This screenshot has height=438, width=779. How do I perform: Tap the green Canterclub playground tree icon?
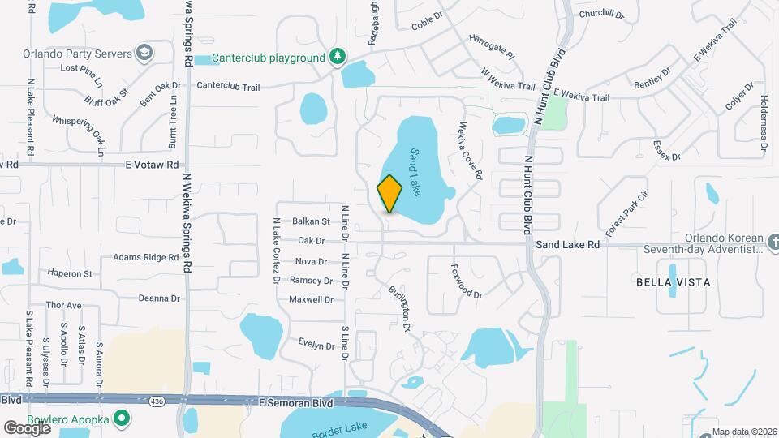[337, 57]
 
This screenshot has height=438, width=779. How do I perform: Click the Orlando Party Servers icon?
[144, 54]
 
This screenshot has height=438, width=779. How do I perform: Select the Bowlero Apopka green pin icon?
[122, 419]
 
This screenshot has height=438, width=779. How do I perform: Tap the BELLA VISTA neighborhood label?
[673, 282]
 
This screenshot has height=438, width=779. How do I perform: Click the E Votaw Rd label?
[152, 164]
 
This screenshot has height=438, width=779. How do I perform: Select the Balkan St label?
[312, 221]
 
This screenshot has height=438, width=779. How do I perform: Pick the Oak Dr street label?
[311, 241]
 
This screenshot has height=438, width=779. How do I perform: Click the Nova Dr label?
[311, 261]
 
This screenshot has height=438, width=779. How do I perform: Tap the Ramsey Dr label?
[312, 281]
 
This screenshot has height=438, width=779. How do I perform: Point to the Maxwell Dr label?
[312, 300]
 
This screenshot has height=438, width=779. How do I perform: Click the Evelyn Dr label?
[316, 344]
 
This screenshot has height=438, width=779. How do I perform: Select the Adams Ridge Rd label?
[145, 257]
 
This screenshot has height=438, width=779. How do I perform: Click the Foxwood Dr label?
[466, 279]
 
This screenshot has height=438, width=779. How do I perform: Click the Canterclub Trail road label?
[228, 84]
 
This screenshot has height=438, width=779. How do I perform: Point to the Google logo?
[27, 427]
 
